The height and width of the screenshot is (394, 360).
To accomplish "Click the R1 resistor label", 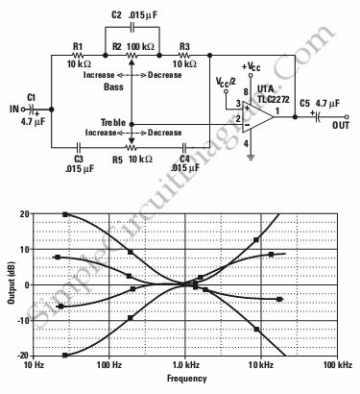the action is (x=78, y=46).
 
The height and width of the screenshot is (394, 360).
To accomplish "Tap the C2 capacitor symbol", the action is (x=132, y=28).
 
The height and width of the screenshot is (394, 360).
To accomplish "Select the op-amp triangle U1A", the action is (x=258, y=116).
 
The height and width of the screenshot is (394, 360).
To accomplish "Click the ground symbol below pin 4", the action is (x=251, y=158).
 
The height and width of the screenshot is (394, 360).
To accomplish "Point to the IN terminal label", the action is (x=14, y=109).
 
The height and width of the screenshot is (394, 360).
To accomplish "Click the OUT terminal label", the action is (x=341, y=125).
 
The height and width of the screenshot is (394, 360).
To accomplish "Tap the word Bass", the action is (x=113, y=86).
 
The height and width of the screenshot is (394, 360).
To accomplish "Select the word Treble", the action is (x=113, y=122).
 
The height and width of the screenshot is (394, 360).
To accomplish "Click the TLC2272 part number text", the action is (x=274, y=99).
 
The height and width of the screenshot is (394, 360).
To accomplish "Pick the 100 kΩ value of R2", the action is (x=141, y=47).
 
